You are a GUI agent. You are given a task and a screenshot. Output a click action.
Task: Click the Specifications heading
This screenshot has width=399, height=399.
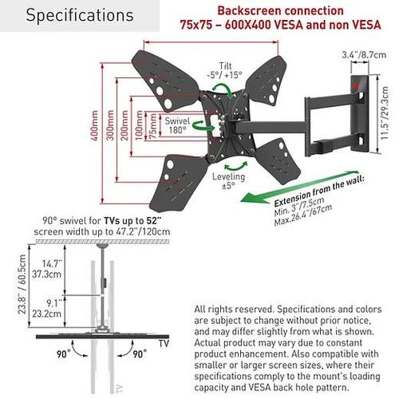(x=80, y=15)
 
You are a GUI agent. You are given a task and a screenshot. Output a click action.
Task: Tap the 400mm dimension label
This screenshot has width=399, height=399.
(x=94, y=125)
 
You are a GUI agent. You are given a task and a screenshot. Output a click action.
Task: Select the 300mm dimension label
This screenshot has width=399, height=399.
(x=110, y=125)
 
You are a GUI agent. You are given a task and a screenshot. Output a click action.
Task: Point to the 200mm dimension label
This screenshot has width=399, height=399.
(x=124, y=125)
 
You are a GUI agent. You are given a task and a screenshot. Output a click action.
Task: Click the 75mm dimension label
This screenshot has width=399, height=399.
(x=153, y=126)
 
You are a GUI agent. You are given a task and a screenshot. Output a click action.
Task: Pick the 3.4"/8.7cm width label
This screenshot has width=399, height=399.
(x=364, y=55)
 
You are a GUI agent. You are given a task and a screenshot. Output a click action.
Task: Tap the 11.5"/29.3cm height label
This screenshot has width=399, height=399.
(x=385, y=113)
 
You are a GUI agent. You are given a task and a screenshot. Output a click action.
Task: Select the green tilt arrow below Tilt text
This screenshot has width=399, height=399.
(x=223, y=90)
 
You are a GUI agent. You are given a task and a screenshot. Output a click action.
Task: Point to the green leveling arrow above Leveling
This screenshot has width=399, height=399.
(x=236, y=167)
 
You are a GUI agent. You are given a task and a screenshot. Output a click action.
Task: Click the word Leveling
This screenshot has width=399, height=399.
(x=228, y=176)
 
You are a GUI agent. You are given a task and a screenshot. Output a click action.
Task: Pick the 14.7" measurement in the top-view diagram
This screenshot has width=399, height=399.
(x=52, y=263)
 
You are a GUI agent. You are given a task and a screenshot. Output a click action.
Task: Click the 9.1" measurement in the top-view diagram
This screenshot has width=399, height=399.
(x=54, y=303)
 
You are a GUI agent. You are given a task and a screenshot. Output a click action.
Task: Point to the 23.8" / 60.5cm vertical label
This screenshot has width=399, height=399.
(x=22, y=284)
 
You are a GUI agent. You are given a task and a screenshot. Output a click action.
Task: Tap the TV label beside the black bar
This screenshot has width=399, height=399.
(x=164, y=343)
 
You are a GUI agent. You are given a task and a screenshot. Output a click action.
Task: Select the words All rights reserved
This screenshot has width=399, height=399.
(x=234, y=310)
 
